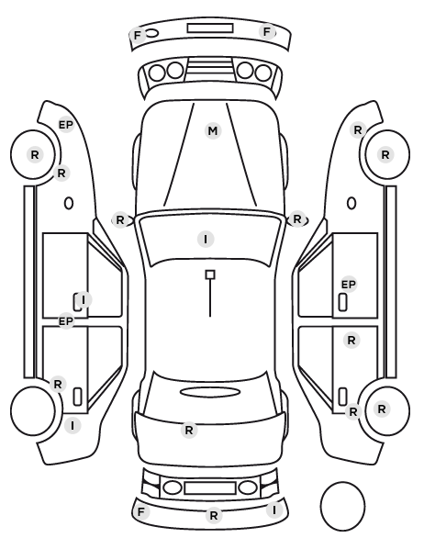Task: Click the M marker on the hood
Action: click(x=213, y=131)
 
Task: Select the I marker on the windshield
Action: click(x=206, y=240)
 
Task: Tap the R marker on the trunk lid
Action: click(x=189, y=430)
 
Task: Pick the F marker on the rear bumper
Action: click(x=140, y=512)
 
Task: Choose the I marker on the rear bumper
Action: click(x=274, y=510)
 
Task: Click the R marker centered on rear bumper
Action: click(x=214, y=515)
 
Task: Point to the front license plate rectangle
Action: click(x=210, y=28)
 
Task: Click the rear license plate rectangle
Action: click(x=210, y=487)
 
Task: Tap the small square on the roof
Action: click(x=210, y=274)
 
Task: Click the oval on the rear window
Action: click(x=210, y=392)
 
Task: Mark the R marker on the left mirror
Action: click(x=120, y=220)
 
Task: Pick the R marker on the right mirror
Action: click(x=297, y=219)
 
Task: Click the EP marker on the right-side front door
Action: click(x=349, y=285)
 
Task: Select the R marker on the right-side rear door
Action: click(x=351, y=340)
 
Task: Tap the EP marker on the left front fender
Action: click(x=66, y=125)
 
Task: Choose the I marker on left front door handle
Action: click(x=84, y=299)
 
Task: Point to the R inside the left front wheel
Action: click(x=35, y=154)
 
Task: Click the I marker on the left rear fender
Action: click(x=73, y=425)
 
